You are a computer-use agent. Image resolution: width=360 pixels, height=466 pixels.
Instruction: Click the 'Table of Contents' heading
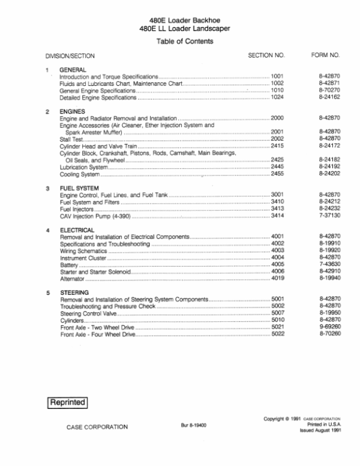184,41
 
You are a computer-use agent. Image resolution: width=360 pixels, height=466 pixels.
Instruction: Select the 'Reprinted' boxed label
67,401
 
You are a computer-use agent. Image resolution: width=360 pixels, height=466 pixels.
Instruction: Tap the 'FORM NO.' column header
326,55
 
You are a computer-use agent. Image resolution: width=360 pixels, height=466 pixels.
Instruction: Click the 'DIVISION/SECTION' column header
70,56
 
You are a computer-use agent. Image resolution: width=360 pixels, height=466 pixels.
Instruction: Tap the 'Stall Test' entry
71,139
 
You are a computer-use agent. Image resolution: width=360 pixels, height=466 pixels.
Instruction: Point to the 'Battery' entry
69,265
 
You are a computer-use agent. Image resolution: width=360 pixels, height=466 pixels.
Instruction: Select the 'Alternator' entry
73,279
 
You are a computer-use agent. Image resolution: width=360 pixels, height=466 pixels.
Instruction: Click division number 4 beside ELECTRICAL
48,230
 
